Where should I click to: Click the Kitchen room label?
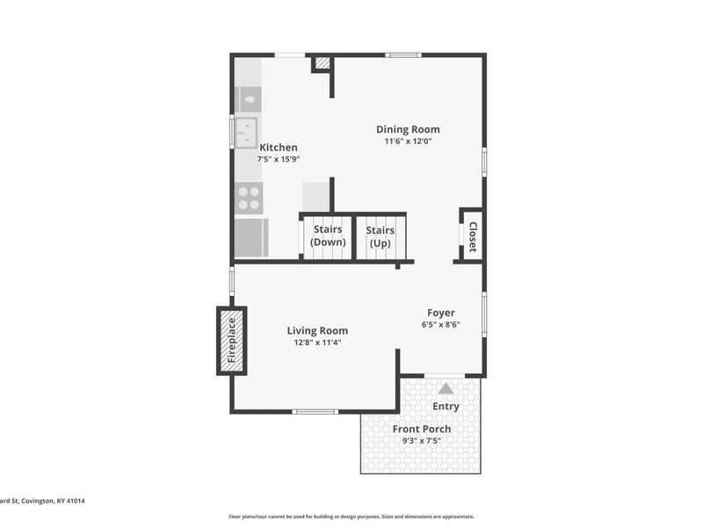(278, 148)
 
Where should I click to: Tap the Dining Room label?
(408, 129)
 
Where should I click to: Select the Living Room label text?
(317, 331)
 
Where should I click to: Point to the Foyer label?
(441, 313)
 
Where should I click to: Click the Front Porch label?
(422, 430)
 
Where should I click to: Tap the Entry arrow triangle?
(446, 388)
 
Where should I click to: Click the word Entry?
(446, 407)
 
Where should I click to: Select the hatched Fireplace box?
(232, 341)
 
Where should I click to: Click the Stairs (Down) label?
(327, 236)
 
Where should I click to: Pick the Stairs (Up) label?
(380, 236)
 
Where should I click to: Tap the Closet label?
(472, 236)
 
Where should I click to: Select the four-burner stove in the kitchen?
(249, 199)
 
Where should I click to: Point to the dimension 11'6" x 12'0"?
(408, 141)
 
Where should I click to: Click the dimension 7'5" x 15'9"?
(279, 160)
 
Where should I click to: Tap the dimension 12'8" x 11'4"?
(317, 343)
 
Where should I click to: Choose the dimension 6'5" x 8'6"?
(441, 325)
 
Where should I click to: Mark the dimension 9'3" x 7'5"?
(422, 441)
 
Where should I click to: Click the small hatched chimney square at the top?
(323, 63)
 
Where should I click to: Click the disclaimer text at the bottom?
(351, 516)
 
